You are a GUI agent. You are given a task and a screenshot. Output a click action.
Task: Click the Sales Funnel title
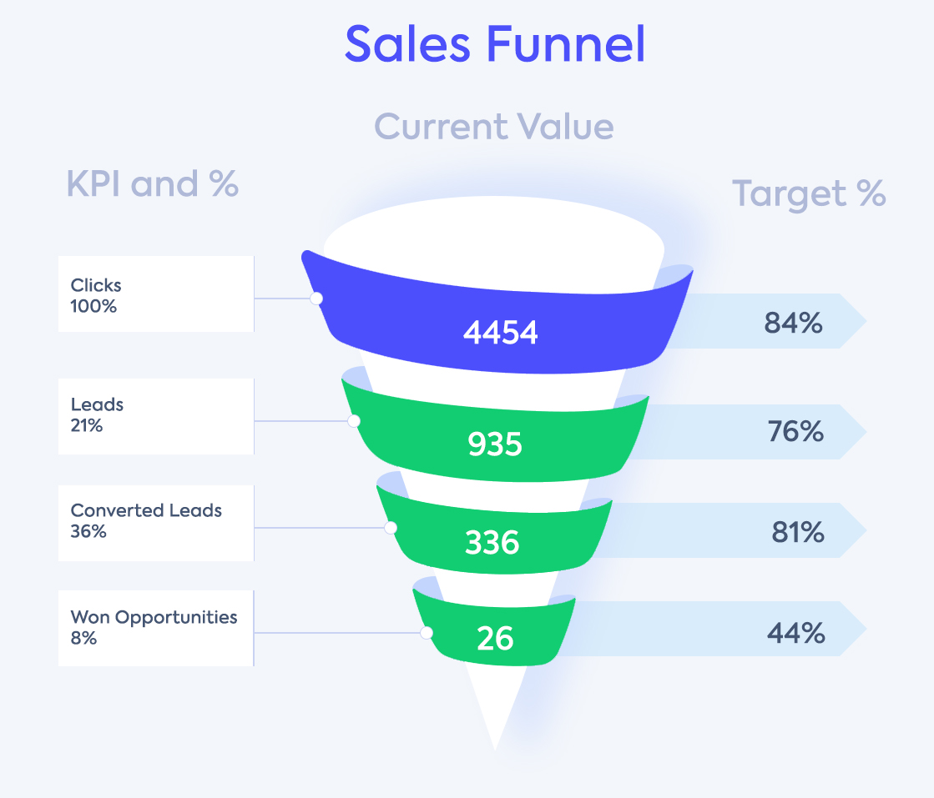click(495, 43)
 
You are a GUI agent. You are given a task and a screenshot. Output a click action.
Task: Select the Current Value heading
click(494, 127)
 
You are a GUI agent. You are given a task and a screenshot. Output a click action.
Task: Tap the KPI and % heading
click(153, 184)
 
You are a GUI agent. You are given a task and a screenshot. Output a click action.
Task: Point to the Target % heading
click(809, 194)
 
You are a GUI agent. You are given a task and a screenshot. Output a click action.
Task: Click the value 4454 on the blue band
click(501, 333)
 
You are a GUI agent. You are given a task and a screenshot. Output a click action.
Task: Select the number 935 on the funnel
click(495, 444)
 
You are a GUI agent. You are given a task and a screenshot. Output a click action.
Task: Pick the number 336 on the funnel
click(492, 543)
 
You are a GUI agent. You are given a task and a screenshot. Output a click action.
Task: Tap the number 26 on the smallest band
click(495, 639)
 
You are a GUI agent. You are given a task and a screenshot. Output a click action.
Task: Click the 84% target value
click(793, 323)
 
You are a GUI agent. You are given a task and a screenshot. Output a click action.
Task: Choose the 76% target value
click(795, 432)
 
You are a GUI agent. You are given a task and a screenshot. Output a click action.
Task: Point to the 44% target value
click(795, 633)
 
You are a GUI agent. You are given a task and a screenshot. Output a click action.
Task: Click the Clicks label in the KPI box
click(96, 285)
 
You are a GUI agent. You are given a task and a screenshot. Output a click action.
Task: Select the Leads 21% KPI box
click(156, 416)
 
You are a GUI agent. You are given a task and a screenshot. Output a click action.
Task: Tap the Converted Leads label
click(146, 510)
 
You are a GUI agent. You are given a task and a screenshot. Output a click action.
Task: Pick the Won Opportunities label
click(154, 617)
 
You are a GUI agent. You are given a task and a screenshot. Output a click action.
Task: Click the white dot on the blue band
click(316, 299)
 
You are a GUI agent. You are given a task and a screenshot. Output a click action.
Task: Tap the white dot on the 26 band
click(427, 633)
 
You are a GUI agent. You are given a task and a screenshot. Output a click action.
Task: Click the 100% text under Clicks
click(93, 306)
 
